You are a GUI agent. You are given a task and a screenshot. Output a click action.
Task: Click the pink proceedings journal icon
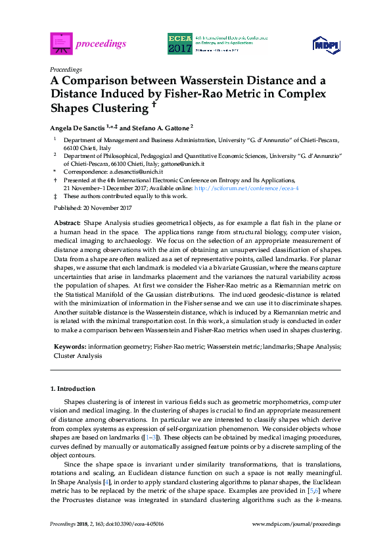click(61, 43)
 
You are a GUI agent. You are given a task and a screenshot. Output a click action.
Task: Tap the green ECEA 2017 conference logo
click(180, 43)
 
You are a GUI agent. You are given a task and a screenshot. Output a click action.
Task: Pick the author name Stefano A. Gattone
click(159, 128)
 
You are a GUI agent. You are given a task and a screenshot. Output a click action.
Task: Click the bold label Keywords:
click(70, 345)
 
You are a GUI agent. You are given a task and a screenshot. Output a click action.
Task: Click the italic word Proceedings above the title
click(66, 69)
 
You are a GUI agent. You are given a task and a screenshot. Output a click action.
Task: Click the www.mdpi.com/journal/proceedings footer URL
click(296, 524)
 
